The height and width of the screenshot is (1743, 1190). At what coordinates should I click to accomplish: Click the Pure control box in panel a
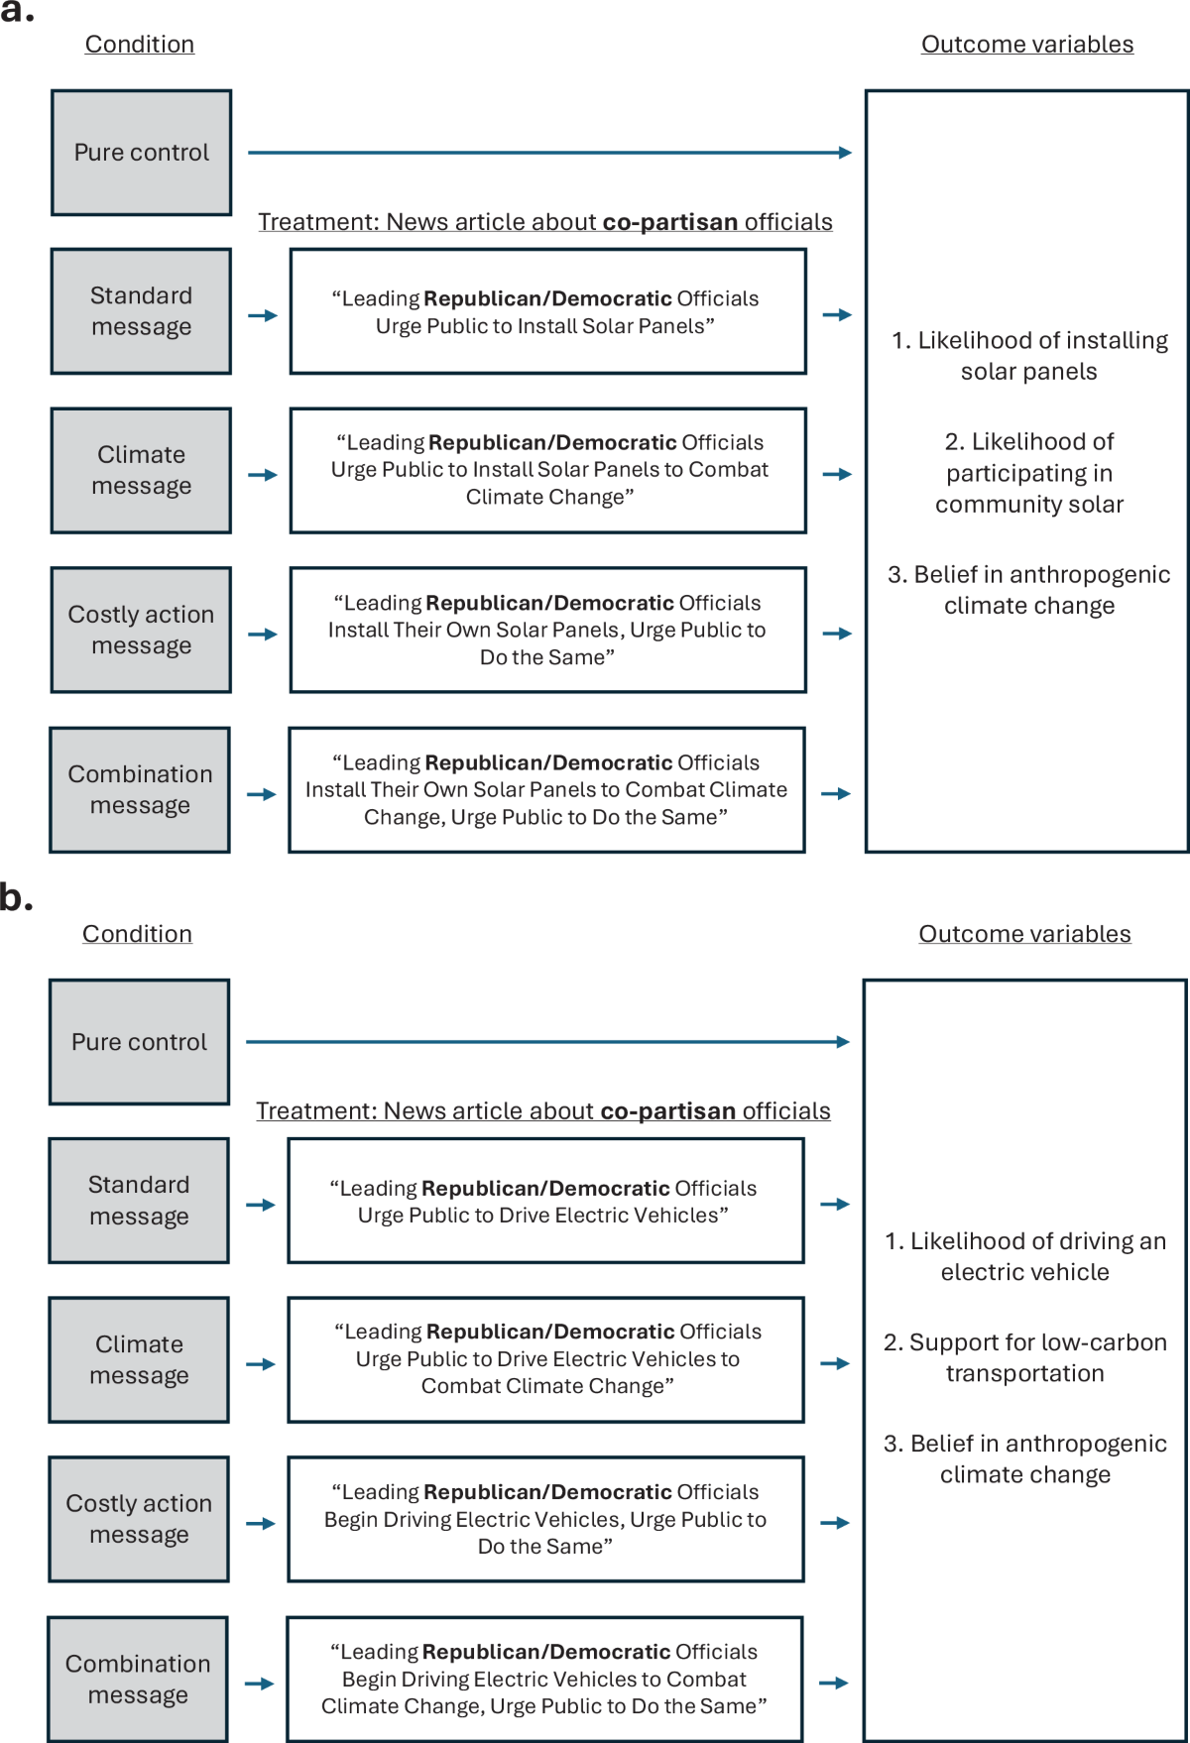point(141,153)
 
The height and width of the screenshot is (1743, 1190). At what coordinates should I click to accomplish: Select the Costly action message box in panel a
point(141,630)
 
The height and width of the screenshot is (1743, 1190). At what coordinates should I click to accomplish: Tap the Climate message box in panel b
point(139,1359)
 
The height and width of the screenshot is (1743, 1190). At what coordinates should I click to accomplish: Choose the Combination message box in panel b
point(138,1679)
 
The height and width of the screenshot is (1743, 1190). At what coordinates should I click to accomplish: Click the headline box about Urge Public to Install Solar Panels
point(547,311)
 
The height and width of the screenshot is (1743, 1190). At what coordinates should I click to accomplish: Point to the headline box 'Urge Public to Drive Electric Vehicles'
point(545,1201)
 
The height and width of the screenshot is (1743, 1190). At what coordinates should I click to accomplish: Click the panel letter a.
point(17,12)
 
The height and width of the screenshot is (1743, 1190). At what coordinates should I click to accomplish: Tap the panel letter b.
point(16,897)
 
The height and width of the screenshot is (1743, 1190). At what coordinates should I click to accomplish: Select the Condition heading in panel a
point(140,45)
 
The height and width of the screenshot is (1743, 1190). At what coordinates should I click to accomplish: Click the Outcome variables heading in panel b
point(1024,934)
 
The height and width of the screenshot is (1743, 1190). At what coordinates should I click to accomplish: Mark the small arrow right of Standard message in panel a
point(263,315)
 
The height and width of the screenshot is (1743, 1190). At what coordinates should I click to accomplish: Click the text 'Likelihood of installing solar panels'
point(1029,356)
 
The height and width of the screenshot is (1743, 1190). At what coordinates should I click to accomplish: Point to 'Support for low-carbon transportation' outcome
point(1024,1357)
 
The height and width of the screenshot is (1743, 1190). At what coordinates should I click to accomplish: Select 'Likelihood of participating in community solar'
point(1029,473)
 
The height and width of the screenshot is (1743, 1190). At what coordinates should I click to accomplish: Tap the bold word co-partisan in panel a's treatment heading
point(669,222)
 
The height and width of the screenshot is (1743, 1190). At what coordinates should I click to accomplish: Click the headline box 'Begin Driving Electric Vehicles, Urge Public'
point(545,1519)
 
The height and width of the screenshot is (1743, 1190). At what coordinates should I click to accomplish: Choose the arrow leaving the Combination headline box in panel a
point(836,793)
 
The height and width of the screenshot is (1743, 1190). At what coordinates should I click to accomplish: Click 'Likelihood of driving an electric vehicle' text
point(1024,1256)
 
